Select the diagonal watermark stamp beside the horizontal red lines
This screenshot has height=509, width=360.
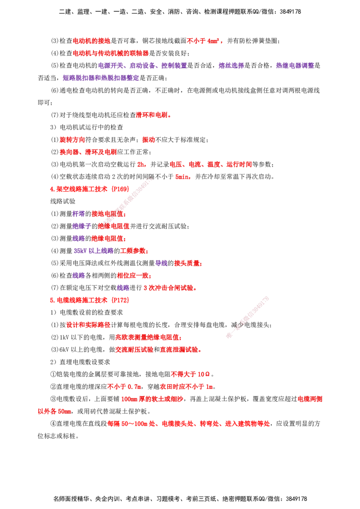(247, 317)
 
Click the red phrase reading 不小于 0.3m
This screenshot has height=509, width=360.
(124, 387)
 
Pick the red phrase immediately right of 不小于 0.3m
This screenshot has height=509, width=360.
(186, 387)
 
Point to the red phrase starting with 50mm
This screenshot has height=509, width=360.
(152, 399)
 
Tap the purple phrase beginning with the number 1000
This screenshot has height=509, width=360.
(93, 251)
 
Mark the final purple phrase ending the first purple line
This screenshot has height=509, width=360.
(294, 66)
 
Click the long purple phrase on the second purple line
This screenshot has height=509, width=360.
(100, 78)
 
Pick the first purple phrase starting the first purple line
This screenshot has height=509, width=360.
(111, 66)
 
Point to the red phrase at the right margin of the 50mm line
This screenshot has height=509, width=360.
(310, 399)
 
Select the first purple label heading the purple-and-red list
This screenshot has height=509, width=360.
(79, 213)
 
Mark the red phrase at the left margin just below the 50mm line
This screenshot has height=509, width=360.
(54, 411)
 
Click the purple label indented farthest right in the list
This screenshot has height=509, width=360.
(161, 263)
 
